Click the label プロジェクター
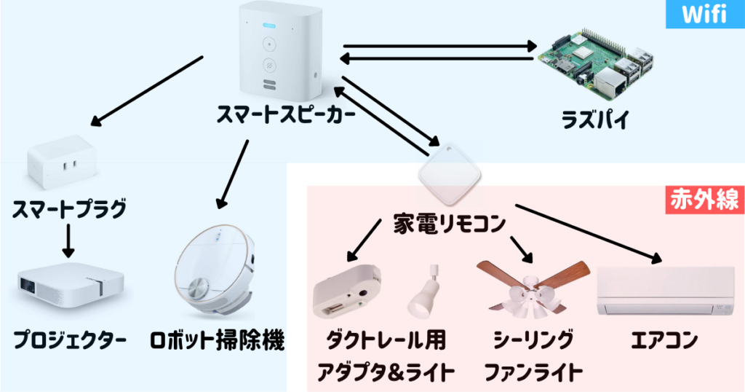(x=70, y=340)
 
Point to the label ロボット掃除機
(x=216, y=340)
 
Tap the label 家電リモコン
(x=449, y=225)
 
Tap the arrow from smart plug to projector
(x=68, y=242)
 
